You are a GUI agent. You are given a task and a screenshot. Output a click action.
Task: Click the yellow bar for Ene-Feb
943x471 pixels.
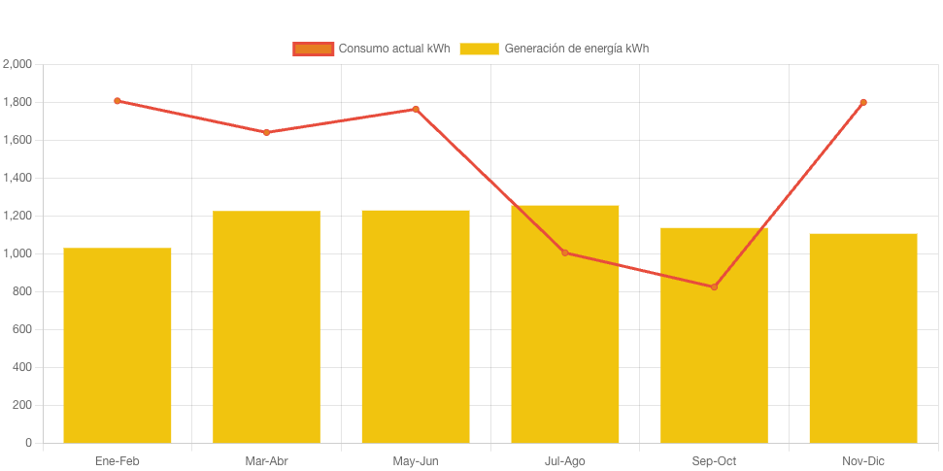pyautogui.click(x=118, y=346)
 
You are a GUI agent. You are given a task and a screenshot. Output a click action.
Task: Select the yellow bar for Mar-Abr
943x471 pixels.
pyautogui.click(x=266, y=327)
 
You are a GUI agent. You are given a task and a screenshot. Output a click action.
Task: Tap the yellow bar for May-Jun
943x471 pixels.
pyautogui.click(x=416, y=326)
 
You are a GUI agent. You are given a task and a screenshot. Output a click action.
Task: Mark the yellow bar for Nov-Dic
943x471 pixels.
pyautogui.click(x=863, y=338)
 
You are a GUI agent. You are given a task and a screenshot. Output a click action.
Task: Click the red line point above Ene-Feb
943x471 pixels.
pyautogui.click(x=118, y=101)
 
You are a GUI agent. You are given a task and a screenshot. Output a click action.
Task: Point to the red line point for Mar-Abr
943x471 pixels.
pyautogui.click(x=266, y=132)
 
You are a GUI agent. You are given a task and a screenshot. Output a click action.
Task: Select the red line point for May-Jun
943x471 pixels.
pyautogui.click(x=416, y=109)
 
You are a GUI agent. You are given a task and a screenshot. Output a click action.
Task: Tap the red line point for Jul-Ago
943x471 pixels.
pyautogui.click(x=565, y=252)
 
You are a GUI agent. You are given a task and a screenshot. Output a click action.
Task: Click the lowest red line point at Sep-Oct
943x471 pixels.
pyautogui.click(x=714, y=286)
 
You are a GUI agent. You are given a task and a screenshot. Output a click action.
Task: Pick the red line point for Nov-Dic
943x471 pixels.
pyautogui.click(x=863, y=102)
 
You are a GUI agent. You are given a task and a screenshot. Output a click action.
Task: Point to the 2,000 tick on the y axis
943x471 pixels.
pyautogui.click(x=17, y=64)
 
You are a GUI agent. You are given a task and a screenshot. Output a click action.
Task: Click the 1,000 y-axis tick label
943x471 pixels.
pyautogui.click(x=17, y=253)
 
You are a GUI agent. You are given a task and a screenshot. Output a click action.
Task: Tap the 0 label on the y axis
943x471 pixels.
pyautogui.click(x=28, y=443)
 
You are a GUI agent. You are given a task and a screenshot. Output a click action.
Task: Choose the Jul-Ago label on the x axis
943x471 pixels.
pyautogui.click(x=565, y=461)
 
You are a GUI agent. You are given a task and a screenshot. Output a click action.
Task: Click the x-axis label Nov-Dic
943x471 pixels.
pyautogui.click(x=863, y=461)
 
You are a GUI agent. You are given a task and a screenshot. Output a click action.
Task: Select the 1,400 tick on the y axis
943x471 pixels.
pyautogui.click(x=17, y=178)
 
